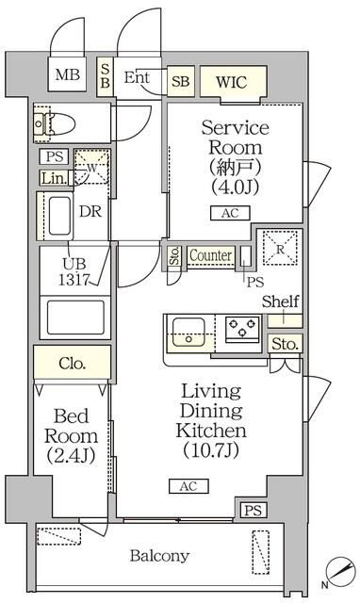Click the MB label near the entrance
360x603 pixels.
[66, 75]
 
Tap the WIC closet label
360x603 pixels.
[230, 81]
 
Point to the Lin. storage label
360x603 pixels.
[53, 177]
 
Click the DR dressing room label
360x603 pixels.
[90, 212]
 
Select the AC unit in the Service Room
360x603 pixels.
[230, 214]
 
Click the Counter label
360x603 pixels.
[210, 255]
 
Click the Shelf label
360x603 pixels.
[281, 301]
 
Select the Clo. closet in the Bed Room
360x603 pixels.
[72, 363]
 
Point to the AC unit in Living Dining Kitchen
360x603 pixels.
[185, 486]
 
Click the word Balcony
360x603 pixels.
[159, 556]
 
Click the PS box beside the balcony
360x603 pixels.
[252, 510]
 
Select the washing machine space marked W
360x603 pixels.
[91, 167]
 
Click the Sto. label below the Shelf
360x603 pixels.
[285, 344]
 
